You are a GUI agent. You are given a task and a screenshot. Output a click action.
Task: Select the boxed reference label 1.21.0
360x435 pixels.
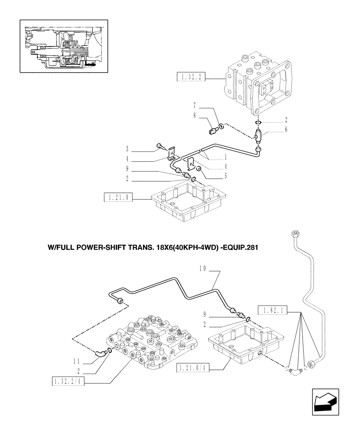[117, 198]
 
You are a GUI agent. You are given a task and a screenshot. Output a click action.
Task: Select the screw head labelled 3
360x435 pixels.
[159, 147]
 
